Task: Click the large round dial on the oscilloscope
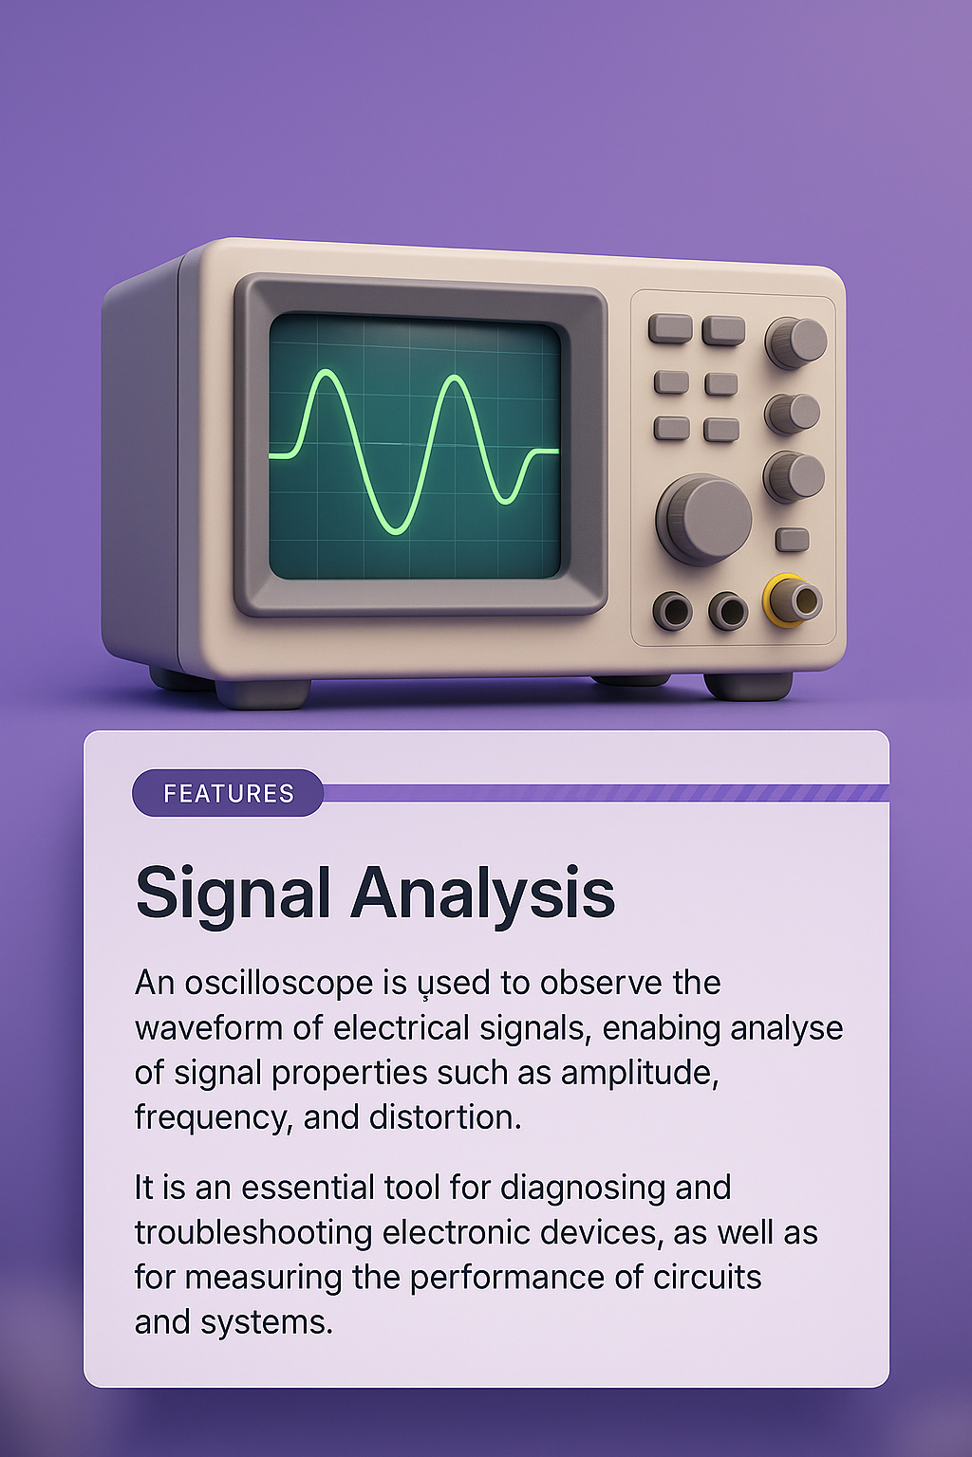(704, 518)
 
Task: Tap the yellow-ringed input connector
(793, 600)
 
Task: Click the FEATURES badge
(228, 793)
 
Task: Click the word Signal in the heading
(233, 894)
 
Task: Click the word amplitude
(638, 1073)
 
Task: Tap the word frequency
(209, 1117)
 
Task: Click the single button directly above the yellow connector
(793, 540)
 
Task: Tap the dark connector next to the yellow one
(728, 611)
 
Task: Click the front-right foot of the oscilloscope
(748, 685)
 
